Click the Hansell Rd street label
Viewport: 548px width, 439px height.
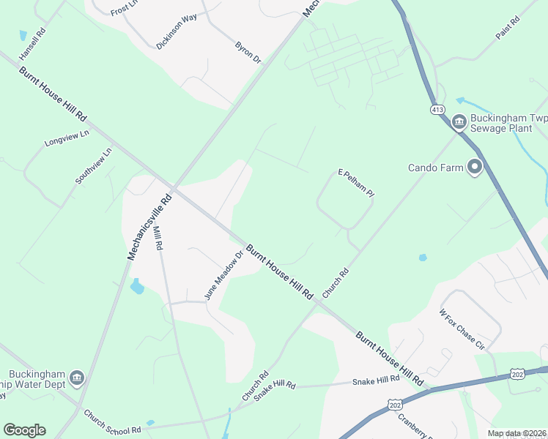click(x=33, y=43)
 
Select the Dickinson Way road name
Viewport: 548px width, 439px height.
click(x=177, y=31)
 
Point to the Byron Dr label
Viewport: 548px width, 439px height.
click(x=248, y=52)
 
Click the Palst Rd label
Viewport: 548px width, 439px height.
click(x=507, y=27)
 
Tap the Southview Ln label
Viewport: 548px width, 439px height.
click(x=94, y=165)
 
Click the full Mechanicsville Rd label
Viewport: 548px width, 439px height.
click(x=149, y=226)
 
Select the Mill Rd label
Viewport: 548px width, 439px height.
click(x=158, y=239)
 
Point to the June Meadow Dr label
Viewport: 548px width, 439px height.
click(x=223, y=276)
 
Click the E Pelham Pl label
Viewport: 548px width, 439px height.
click(x=356, y=183)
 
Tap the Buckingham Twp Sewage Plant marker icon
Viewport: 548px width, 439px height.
click(x=459, y=121)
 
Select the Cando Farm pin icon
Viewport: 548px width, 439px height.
click(x=475, y=168)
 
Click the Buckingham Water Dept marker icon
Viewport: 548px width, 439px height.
click(x=77, y=378)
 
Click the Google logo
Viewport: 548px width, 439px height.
click(x=24, y=430)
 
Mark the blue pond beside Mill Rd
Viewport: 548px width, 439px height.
click(x=137, y=286)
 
